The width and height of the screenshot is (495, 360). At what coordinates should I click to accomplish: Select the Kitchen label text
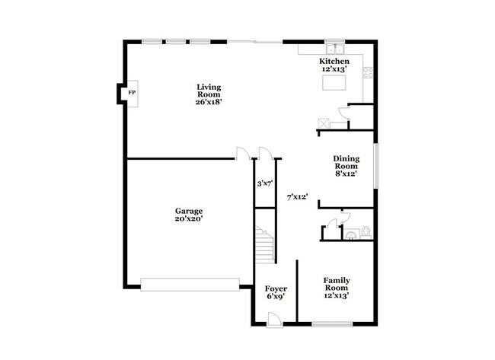pyautogui.click(x=334, y=62)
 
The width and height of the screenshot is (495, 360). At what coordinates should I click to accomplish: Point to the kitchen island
pyautogui.click(x=333, y=82)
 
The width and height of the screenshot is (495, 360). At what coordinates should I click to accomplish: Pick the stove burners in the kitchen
pyautogui.click(x=368, y=72)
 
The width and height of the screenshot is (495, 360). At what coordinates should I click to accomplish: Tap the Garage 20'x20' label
pyautogui.click(x=189, y=215)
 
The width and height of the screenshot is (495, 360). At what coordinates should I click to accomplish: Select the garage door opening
pyautogui.click(x=190, y=285)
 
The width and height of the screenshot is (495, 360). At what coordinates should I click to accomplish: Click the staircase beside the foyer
pyautogui.click(x=263, y=246)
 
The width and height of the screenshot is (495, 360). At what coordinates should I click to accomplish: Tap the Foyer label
pyautogui.click(x=275, y=293)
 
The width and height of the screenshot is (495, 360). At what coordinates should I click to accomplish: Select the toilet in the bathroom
pyautogui.click(x=366, y=231)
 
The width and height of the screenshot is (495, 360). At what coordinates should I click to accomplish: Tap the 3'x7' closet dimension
pyautogui.click(x=264, y=183)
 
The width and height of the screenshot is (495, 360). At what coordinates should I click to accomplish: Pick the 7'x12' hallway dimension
pyautogui.click(x=297, y=196)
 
